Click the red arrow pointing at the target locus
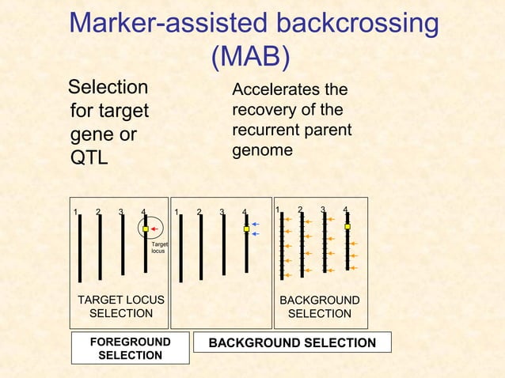tap(156, 229)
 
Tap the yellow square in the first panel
tap(146, 229)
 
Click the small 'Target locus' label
tap(158, 248)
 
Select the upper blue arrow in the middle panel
tap(256, 225)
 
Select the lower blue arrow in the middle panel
tap(256, 234)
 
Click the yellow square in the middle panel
tap(246, 229)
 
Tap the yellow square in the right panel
tap(347, 226)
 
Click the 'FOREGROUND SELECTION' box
tap(130, 349)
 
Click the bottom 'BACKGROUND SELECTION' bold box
tap(292, 342)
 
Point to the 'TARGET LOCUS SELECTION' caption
tap(121, 307)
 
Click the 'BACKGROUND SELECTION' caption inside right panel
tap(320, 307)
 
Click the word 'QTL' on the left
tap(89, 158)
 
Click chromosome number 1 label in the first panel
tap(75, 212)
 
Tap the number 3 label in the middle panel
tap(222, 212)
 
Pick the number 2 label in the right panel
tap(300, 210)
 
